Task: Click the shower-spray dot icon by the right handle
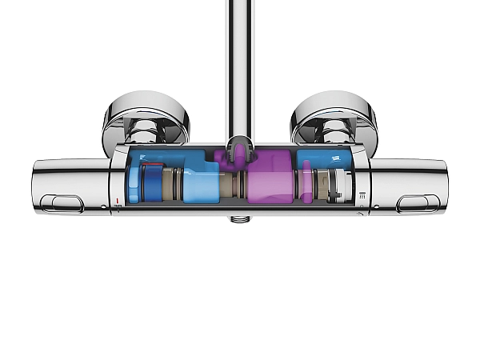(362, 194)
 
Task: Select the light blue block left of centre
(202, 183)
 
